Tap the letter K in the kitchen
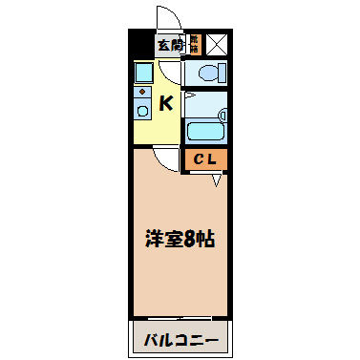pos(165,103)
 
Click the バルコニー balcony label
pos(180,340)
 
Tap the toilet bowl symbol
pos(208,73)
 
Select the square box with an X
pos(217,44)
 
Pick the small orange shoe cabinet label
pos(193,43)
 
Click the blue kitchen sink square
pos(143,74)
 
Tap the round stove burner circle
pos(142,111)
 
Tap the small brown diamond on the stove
pos(142,92)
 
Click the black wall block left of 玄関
pos(141,44)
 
